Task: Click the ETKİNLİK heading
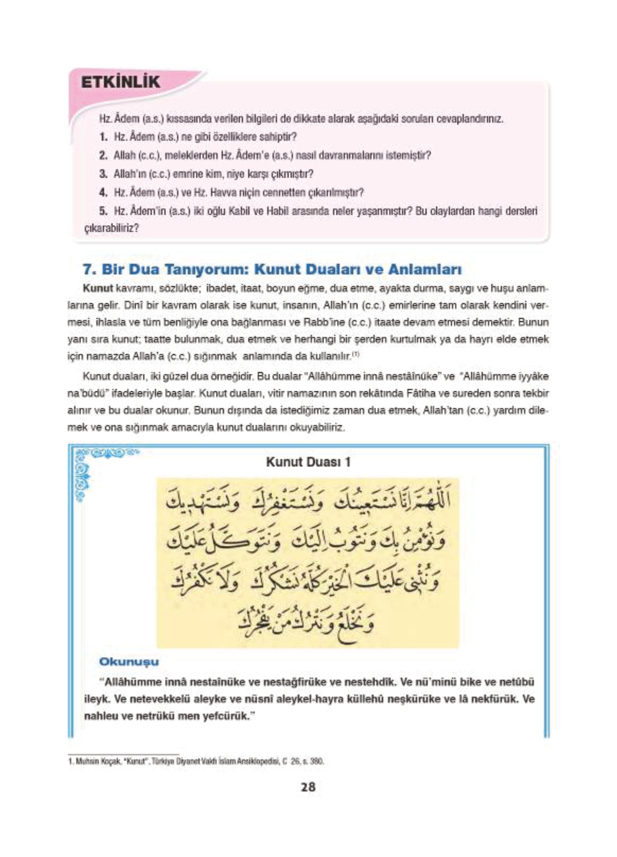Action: pyautogui.click(x=120, y=82)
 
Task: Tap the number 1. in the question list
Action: pyautogui.click(x=103, y=137)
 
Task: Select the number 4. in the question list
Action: pyautogui.click(x=103, y=193)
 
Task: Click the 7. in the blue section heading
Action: pyautogui.click(x=89, y=269)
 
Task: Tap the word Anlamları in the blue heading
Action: pyautogui.click(x=424, y=269)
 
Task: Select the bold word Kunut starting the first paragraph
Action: pyautogui.click(x=98, y=288)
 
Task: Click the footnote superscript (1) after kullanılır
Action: pyautogui.click(x=356, y=354)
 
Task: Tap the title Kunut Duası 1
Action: pyautogui.click(x=308, y=462)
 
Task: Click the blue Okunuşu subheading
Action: pyautogui.click(x=129, y=662)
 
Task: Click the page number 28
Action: pyautogui.click(x=308, y=787)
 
